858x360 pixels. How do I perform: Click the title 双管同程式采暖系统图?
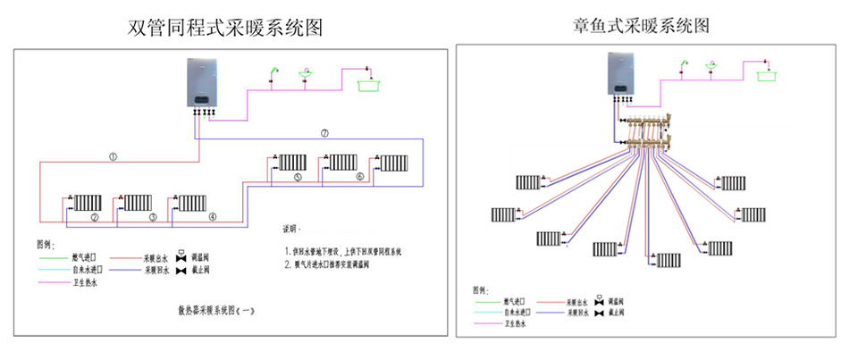(x=224, y=28)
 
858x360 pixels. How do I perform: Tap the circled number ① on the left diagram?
(x=114, y=156)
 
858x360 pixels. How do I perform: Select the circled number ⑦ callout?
(x=324, y=133)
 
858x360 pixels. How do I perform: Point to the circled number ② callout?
(x=95, y=217)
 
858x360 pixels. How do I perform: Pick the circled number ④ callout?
(x=212, y=217)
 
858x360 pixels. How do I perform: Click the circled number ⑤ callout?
(x=298, y=178)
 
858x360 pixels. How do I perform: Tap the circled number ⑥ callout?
(x=360, y=178)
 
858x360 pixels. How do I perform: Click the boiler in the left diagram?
(x=205, y=83)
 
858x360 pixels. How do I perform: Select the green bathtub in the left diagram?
(x=368, y=85)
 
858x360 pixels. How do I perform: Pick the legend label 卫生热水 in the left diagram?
(x=86, y=283)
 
